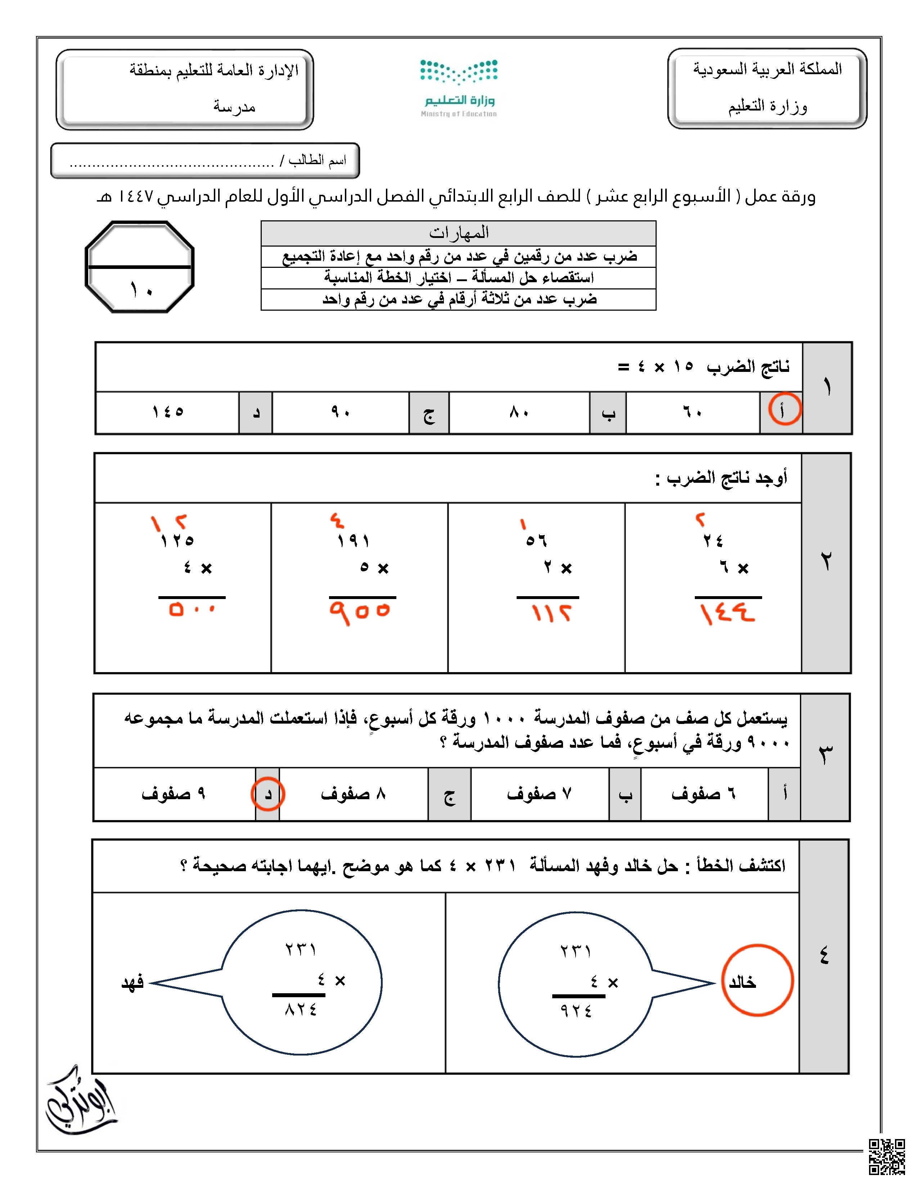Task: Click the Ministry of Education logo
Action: pyautogui.click(x=458, y=87)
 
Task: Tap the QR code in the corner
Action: pyautogui.click(x=886, y=1156)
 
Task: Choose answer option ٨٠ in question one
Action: pyautogui.click(x=519, y=413)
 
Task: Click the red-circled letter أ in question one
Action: pyautogui.click(x=784, y=410)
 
